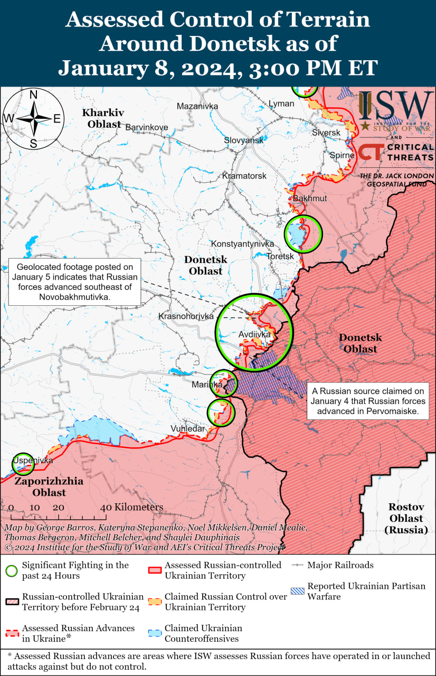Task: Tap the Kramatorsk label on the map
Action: (244, 175)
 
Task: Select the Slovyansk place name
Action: (244, 140)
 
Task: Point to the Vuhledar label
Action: (187, 428)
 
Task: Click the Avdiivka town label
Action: (254, 334)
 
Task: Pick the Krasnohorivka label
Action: (186, 316)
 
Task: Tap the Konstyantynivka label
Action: (242, 244)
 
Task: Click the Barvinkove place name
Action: (147, 127)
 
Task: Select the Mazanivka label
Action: (197, 106)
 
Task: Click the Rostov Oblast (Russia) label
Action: (406, 518)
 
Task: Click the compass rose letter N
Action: (33, 95)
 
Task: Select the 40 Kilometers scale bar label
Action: (132, 507)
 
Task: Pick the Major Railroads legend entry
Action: (340, 565)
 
